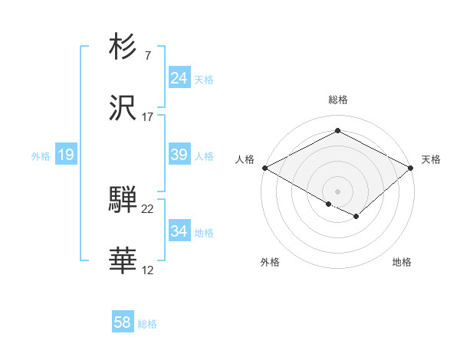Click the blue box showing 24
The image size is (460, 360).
click(x=179, y=78)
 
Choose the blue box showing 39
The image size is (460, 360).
click(x=179, y=155)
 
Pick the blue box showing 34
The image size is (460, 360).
click(x=179, y=231)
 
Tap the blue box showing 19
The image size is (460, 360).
click(x=65, y=155)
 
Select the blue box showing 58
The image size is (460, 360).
click(x=122, y=322)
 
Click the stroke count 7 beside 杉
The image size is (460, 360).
click(x=147, y=56)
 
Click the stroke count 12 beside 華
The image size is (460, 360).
click(x=147, y=271)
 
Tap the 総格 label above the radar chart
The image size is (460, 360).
click(x=338, y=100)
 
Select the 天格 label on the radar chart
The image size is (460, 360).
click(x=431, y=159)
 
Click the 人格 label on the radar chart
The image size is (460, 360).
click(x=245, y=159)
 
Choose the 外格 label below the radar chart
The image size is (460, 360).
click(x=270, y=262)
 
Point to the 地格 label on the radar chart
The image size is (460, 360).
click(x=402, y=262)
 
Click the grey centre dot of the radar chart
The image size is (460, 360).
click(x=337, y=190)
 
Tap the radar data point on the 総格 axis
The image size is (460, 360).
click(x=337, y=131)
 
